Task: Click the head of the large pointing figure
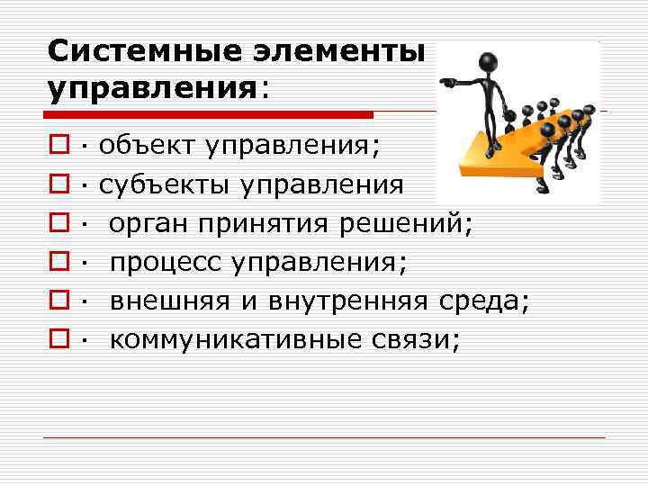point(491,63)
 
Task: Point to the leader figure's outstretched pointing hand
point(445,81)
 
